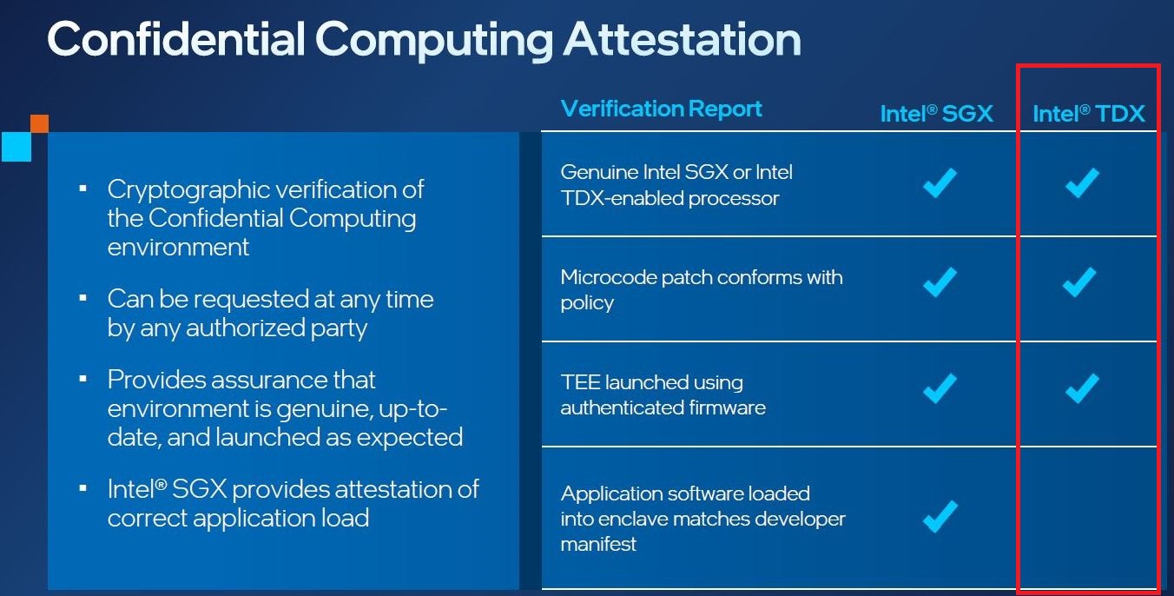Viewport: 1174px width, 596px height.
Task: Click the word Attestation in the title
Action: tap(677, 40)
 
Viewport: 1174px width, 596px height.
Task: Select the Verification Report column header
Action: tap(661, 109)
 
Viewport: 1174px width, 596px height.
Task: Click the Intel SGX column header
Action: tap(936, 114)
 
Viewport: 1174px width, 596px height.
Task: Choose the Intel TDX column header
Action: tap(1088, 114)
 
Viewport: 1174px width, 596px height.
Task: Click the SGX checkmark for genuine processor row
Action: tap(939, 183)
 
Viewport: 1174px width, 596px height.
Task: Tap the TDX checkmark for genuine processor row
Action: tap(1082, 183)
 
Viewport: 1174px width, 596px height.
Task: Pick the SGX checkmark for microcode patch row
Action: tap(939, 281)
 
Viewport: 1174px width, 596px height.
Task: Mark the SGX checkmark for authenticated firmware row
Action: tap(939, 387)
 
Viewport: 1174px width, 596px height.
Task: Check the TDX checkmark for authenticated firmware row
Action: tap(1082, 387)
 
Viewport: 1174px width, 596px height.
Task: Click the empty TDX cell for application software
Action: tap(1087, 517)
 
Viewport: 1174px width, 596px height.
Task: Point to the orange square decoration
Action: tap(39, 123)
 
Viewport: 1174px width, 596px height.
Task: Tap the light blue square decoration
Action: tap(16, 146)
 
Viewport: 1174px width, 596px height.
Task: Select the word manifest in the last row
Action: tap(598, 545)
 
